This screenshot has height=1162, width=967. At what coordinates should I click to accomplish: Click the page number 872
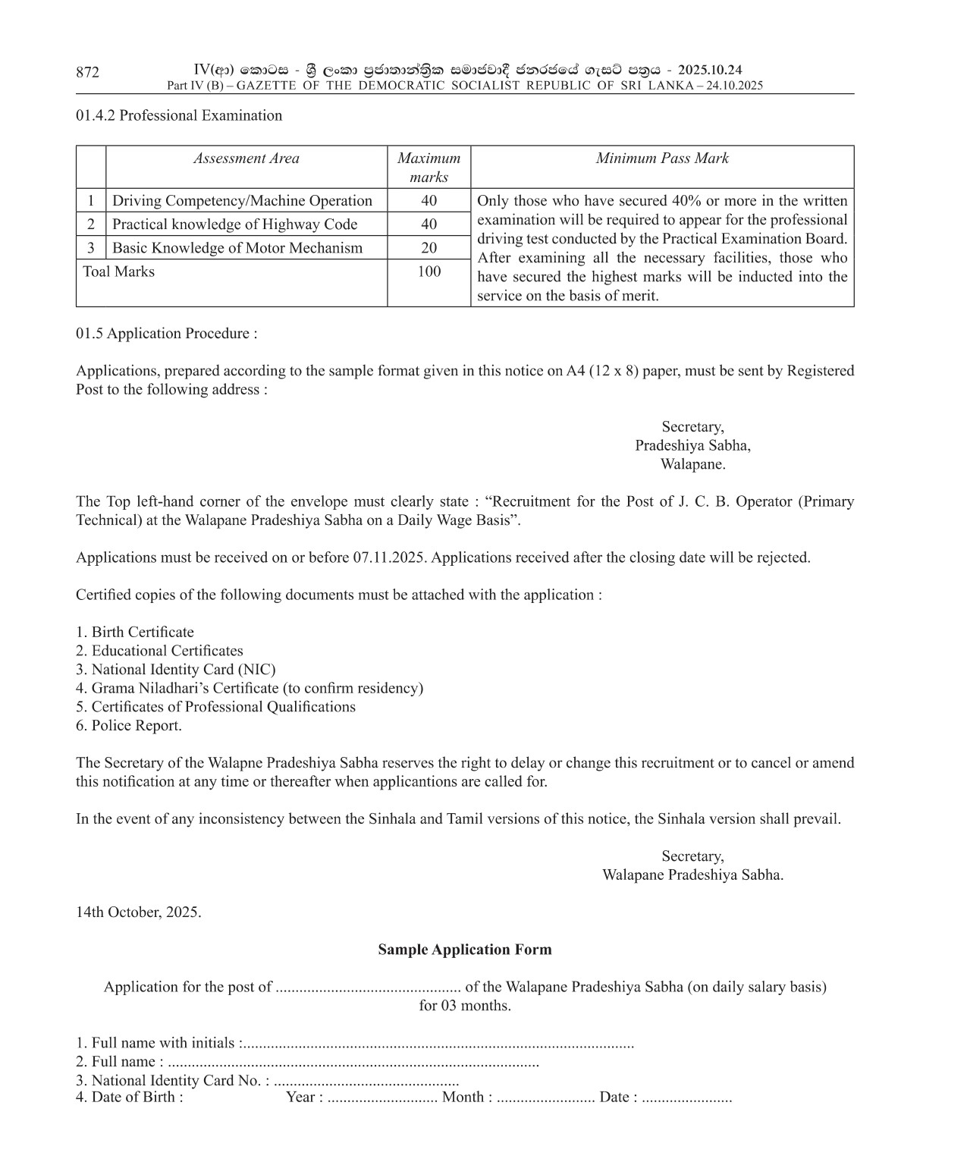tap(87, 72)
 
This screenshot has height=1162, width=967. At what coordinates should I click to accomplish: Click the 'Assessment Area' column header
tap(246, 159)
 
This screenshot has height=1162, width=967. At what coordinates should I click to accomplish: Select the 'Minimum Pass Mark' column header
tap(661, 159)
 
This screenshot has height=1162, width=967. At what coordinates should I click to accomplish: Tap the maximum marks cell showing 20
tap(429, 248)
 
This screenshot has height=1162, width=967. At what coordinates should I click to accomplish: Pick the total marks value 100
tap(429, 272)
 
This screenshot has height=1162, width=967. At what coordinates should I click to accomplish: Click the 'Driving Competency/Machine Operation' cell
tap(242, 201)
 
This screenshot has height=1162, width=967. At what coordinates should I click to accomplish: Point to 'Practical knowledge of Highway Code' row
tap(234, 225)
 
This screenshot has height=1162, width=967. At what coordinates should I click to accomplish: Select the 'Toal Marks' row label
tap(118, 272)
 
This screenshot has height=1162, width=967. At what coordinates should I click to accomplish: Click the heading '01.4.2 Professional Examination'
tap(179, 115)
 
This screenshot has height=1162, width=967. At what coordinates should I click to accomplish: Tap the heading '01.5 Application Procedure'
tap(166, 334)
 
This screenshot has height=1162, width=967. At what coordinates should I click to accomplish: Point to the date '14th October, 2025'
tap(139, 912)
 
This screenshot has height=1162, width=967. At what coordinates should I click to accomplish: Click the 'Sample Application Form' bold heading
tap(465, 950)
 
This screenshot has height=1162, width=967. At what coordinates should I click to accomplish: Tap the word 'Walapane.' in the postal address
tap(692, 464)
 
